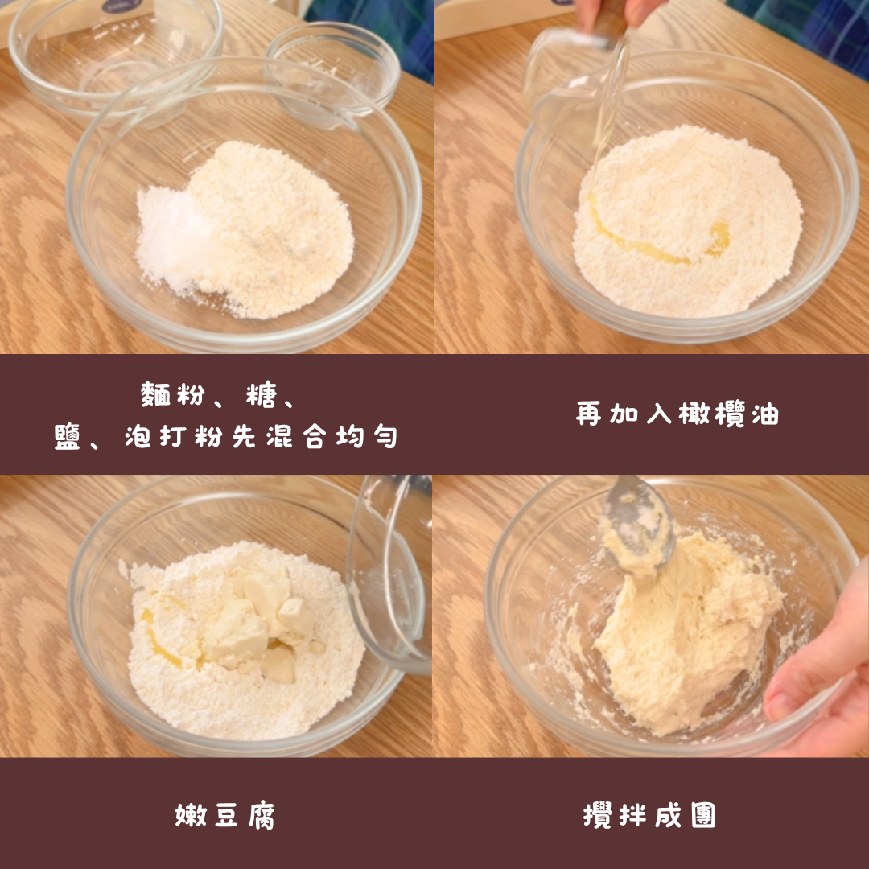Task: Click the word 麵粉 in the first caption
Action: pos(173,394)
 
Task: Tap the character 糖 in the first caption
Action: pos(261,394)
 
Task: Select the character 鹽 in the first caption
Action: pos(68,436)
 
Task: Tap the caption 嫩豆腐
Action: pos(225,815)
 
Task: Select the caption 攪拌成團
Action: pos(649,815)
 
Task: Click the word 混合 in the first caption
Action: pos(296,436)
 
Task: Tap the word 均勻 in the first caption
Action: pos(367,436)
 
